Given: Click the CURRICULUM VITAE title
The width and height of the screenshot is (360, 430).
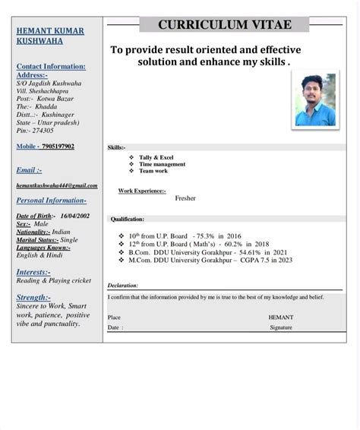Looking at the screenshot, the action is (225, 25).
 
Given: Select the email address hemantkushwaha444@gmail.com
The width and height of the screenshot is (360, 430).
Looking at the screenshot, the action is (57, 185).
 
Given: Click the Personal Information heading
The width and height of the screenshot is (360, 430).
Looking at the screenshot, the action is (52, 201).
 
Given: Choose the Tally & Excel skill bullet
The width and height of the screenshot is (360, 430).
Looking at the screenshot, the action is (158, 157).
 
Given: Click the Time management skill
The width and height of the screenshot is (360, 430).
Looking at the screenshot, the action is (162, 164).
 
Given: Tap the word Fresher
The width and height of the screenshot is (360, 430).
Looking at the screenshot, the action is (185, 198).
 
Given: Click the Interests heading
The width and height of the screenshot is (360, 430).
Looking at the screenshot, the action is (34, 271).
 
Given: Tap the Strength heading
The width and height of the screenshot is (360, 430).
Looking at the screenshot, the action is (34, 297).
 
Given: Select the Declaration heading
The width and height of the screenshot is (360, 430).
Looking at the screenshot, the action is (123, 286).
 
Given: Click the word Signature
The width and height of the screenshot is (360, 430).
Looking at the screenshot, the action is (280, 327).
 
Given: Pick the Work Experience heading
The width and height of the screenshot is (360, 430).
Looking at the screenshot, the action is (142, 191).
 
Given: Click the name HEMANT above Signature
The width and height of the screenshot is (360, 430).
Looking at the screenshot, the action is (280, 317).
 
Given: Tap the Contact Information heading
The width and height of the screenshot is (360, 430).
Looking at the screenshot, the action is (51, 67).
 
